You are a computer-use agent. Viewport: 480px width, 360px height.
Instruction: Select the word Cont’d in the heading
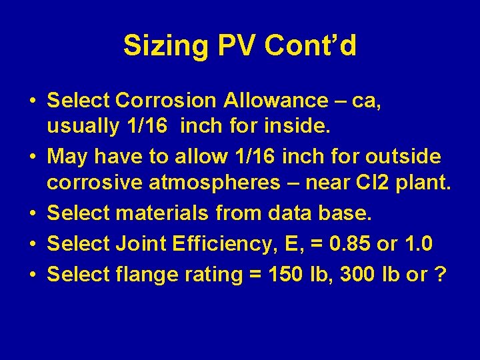coord(311,47)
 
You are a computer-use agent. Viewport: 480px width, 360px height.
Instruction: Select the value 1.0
coord(418,244)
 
